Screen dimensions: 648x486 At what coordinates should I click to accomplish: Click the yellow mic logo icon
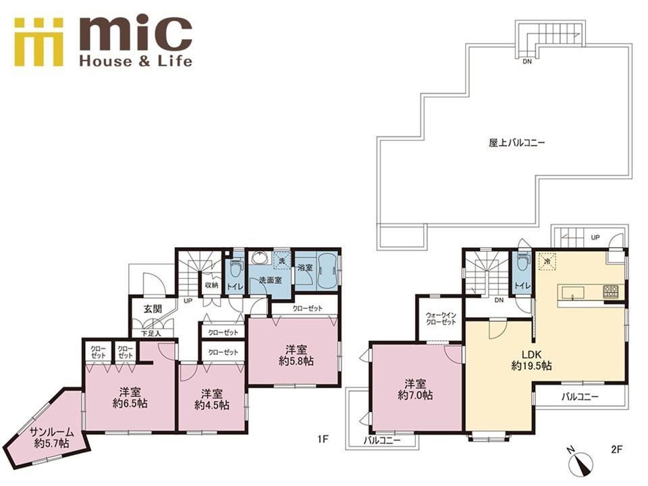coord(38,42)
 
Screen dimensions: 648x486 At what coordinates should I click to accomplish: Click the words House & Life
coord(136,61)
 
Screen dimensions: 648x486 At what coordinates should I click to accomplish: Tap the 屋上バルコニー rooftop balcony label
coord(516,143)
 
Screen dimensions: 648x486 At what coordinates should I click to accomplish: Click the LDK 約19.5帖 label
coord(531,360)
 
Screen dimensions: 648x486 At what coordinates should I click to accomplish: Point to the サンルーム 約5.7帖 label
coord(52,439)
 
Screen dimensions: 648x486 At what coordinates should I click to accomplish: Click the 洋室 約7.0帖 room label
coord(415,389)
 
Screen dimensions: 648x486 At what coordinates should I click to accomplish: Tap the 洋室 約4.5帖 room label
coord(211,399)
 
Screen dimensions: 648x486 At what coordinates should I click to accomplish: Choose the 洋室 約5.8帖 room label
coord(296,355)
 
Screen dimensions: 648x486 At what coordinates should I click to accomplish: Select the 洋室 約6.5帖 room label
coord(130,398)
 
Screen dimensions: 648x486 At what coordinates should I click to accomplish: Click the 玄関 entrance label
coord(153,308)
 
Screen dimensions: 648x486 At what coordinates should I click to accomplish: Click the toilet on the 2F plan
coord(522,261)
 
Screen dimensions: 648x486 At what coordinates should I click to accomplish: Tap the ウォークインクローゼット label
coord(441,319)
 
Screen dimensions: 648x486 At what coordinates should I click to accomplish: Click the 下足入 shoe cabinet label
coord(151,333)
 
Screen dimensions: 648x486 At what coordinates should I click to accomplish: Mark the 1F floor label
coord(323,439)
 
